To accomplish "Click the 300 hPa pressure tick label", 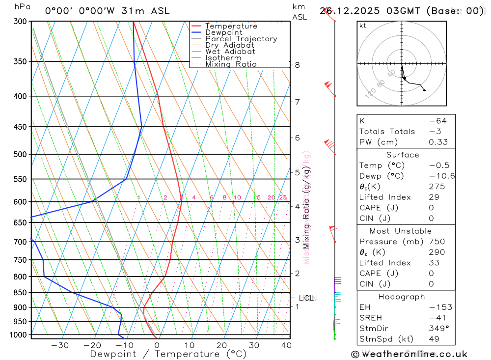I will coord(20,21).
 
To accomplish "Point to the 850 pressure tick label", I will coord(20,293).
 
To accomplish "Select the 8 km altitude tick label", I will coord(297,65).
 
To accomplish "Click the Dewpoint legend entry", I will coord(223,32).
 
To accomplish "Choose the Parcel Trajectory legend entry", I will coord(241,39).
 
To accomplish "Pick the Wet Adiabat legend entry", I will coord(230,52).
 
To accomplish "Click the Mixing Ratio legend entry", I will coord(231,64).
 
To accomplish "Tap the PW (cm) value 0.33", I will coord(438,142).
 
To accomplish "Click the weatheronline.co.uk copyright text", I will coord(409,354).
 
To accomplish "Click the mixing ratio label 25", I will coord(283,197).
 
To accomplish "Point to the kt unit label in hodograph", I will coord(362,26).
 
